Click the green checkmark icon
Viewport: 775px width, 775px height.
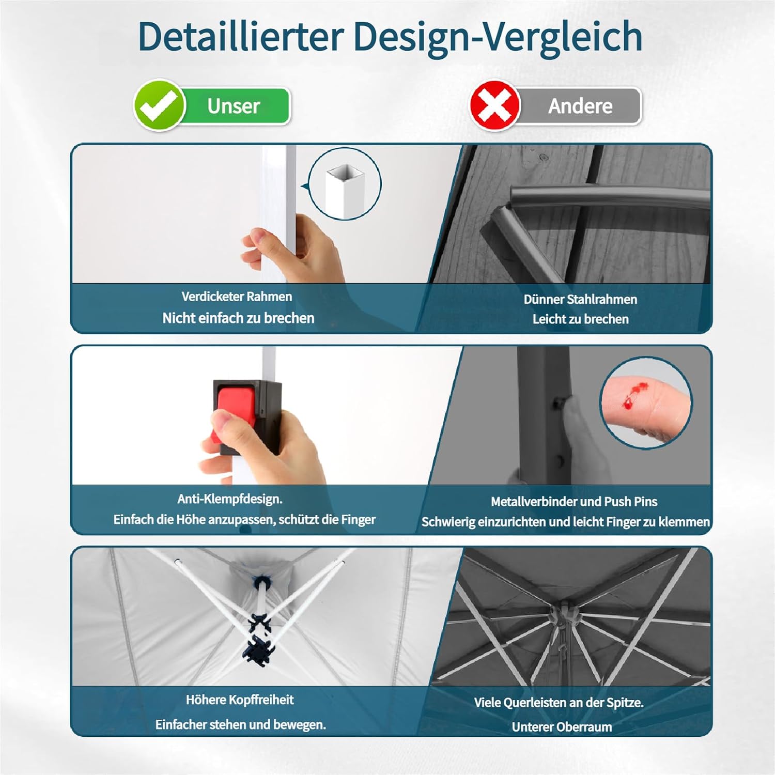click(160, 105)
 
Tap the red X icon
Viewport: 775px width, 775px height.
click(494, 105)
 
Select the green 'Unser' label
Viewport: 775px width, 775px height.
click(234, 106)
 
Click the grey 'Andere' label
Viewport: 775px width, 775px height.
click(580, 106)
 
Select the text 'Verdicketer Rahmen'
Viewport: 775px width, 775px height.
click(237, 297)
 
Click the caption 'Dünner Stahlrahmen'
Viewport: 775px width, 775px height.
click(580, 299)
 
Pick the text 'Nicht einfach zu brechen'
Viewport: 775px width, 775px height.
click(238, 318)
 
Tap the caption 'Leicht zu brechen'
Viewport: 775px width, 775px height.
click(581, 319)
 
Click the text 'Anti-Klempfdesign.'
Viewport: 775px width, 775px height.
click(230, 499)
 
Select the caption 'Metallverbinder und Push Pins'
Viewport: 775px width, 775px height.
click(574, 501)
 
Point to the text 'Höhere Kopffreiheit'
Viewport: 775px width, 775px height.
click(240, 700)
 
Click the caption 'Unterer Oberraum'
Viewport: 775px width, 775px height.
click(562, 727)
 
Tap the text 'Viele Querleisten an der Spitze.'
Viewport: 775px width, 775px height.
click(559, 703)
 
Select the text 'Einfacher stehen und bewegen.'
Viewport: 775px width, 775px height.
click(241, 724)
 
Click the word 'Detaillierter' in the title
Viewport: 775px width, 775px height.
click(241, 36)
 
